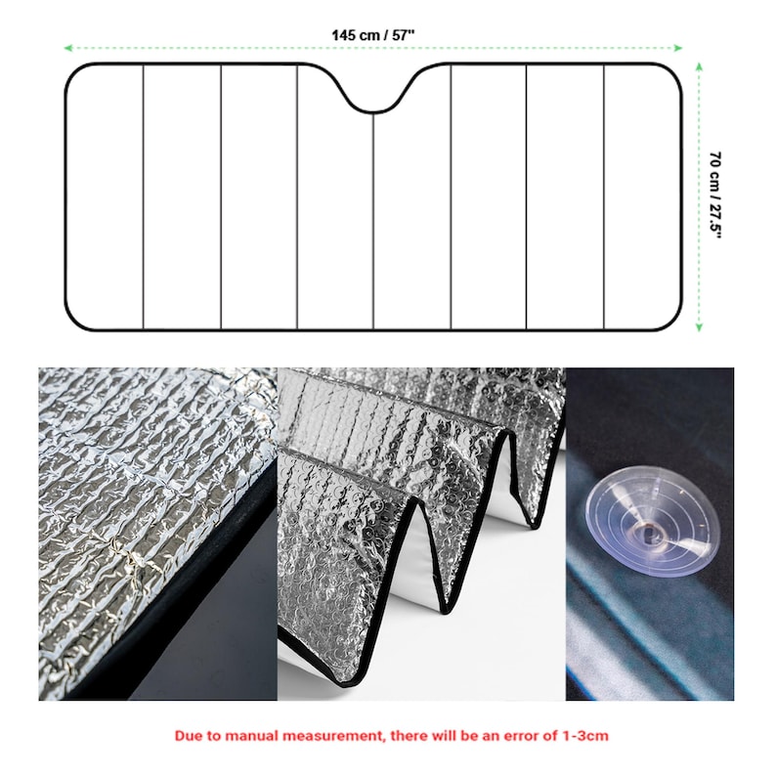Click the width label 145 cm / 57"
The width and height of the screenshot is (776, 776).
click(372, 34)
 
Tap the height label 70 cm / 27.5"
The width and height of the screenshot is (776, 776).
click(715, 195)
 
